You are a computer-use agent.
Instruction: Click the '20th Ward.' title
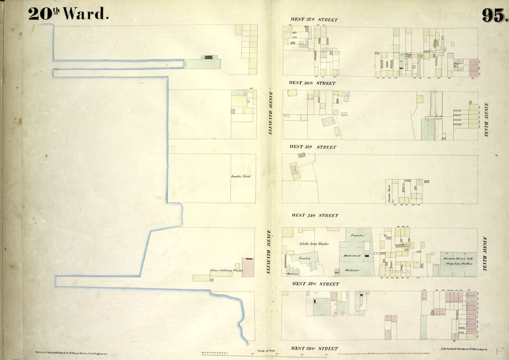click(68, 14)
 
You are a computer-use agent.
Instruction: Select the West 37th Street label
click(314, 20)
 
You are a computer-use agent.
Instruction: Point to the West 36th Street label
click(312, 83)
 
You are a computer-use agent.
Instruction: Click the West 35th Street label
click(313, 147)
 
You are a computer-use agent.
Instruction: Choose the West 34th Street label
click(314, 215)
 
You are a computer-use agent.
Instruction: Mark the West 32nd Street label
click(314, 349)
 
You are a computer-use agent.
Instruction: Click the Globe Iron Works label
click(314, 244)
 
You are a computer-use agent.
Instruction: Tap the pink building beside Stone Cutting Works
click(248, 267)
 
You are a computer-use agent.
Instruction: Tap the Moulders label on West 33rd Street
click(293, 273)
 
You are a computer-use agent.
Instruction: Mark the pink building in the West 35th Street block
click(295, 172)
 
